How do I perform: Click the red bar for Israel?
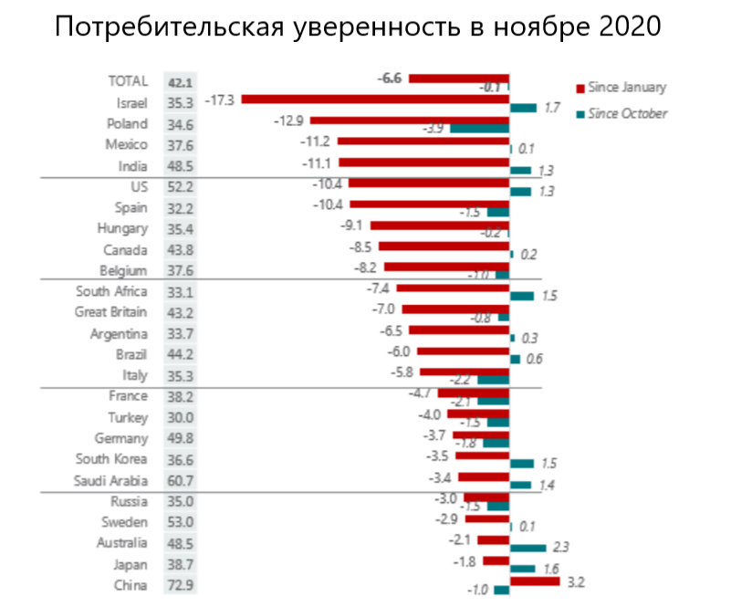click(374, 99)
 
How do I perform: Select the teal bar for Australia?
click(527, 548)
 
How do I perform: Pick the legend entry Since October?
click(629, 113)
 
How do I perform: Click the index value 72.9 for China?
click(180, 586)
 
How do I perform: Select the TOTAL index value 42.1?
click(180, 81)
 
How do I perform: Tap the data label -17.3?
click(221, 99)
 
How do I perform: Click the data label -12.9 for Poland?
click(292, 120)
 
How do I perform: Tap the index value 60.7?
click(180, 481)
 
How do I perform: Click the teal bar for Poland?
click(478, 129)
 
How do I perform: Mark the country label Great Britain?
click(110, 312)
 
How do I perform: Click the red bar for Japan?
click(496, 560)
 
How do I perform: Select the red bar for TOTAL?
click(459, 78)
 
